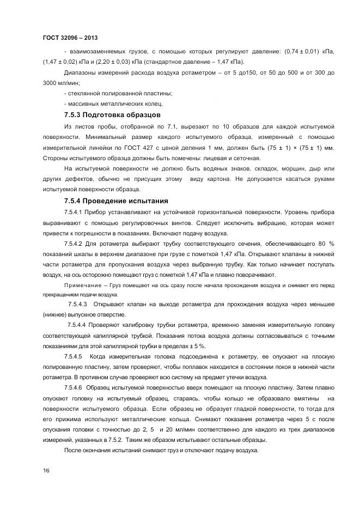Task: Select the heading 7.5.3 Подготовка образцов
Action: point(112,115)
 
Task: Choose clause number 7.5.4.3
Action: point(78,303)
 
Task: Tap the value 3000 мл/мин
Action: point(62,83)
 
